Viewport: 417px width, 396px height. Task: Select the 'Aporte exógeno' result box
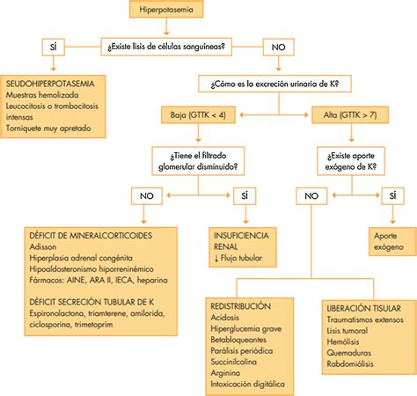point(392,242)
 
